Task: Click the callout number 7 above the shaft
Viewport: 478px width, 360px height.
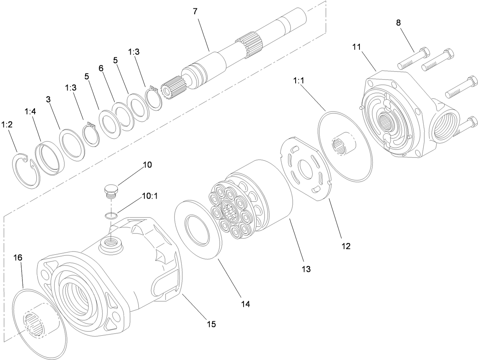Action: click(x=195, y=11)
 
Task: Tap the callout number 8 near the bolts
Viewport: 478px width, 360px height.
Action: click(x=398, y=23)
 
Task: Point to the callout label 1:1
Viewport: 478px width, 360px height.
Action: click(x=298, y=81)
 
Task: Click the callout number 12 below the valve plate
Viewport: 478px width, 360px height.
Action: click(x=345, y=246)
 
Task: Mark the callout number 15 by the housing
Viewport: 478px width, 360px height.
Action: click(x=211, y=324)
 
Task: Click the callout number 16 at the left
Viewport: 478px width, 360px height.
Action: click(x=18, y=257)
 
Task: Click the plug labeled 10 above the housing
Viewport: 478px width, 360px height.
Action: click(x=111, y=190)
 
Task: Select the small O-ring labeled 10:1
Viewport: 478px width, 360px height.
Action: click(x=111, y=216)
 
